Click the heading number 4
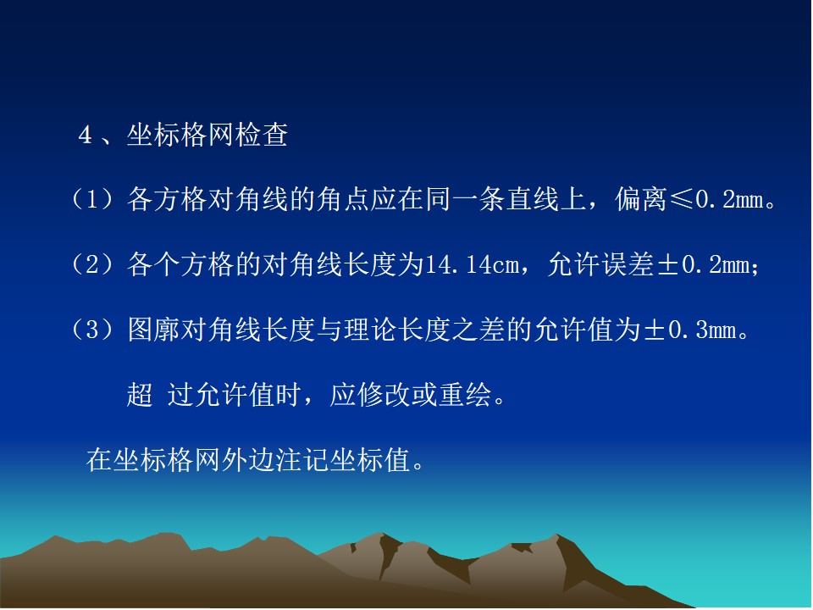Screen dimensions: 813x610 click(x=85, y=136)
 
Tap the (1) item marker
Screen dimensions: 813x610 click(x=92, y=200)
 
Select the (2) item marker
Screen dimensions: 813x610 click(x=92, y=264)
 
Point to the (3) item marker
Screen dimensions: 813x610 click(x=92, y=330)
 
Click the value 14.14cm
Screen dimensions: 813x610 click(x=472, y=265)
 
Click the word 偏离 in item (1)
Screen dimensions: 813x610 click(x=641, y=200)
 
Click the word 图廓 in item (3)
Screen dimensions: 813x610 click(x=154, y=330)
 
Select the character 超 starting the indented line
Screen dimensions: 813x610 click(x=140, y=394)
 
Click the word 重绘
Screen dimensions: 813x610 click(x=465, y=394)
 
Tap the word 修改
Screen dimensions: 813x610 click(x=384, y=394)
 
